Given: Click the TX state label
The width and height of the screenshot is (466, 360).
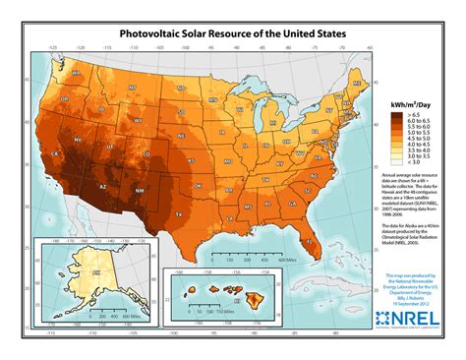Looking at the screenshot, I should (x=180, y=211).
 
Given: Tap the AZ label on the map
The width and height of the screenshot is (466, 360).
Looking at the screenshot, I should (x=102, y=183).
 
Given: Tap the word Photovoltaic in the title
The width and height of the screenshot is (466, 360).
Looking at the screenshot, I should (x=156, y=32).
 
